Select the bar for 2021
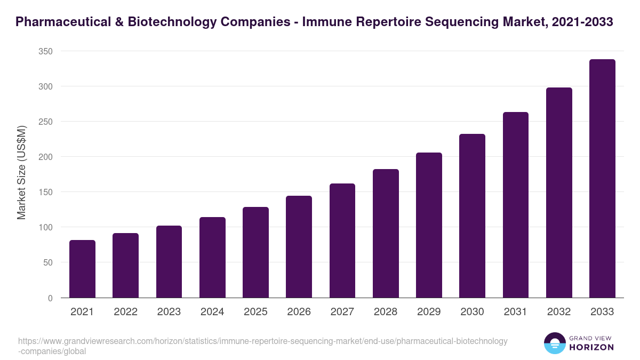pos(82,269)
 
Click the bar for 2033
pos(602,179)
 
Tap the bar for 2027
pos(342,241)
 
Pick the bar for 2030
pos(472,216)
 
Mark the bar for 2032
pos(559,193)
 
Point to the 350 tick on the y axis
pos(45,51)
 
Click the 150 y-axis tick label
pos(45,192)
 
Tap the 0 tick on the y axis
pos(50,298)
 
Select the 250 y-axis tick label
pos(45,122)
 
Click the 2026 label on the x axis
pos(299,312)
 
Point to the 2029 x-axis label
pos(429,312)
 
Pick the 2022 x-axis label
pos(125,312)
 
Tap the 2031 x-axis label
pos(516,312)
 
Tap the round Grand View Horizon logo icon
pos(554,343)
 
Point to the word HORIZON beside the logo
pos(591,347)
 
